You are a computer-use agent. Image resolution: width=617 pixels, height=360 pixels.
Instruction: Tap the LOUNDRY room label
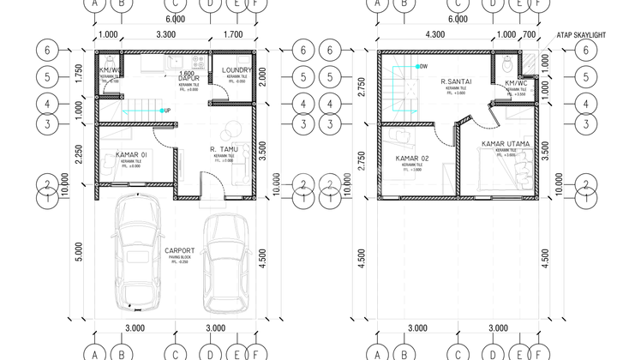click(234, 69)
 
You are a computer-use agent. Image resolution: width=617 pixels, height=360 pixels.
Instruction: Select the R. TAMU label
click(224, 148)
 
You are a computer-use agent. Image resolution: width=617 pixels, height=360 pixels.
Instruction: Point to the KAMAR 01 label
click(131, 154)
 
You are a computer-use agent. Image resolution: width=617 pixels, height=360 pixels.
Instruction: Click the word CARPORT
click(179, 251)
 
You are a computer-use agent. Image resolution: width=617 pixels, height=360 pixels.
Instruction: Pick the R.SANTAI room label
click(452, 82)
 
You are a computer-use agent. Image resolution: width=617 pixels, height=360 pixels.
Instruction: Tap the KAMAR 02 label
click(412, 159)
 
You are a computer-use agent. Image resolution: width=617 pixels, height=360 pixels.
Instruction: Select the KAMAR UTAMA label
click(506, 144)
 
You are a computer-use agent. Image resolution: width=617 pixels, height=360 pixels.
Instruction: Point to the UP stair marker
click(166, 111)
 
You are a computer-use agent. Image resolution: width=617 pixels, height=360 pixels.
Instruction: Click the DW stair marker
click(422, 66)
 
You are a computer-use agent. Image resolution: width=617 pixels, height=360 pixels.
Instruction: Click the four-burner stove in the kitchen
click(199, 62)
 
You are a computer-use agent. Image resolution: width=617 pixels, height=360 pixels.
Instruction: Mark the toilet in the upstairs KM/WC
click(508, 63)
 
